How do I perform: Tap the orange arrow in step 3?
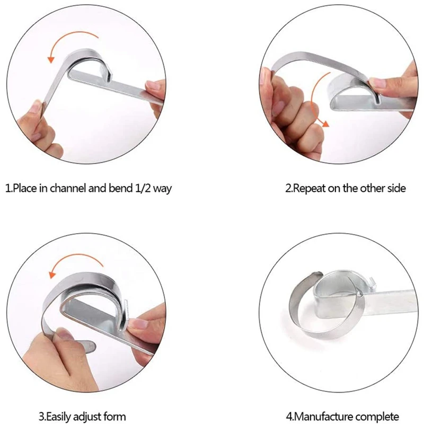tap(75, 263)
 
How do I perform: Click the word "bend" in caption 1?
tap(117, 188)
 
